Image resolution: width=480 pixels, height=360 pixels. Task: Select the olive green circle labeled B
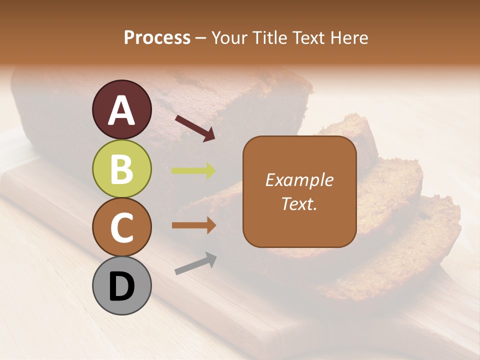(122, 168)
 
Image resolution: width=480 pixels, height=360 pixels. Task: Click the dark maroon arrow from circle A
(195, 127)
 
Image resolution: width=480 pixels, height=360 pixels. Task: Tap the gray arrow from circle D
(195, 263)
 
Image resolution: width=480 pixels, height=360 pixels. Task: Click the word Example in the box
(299, 180)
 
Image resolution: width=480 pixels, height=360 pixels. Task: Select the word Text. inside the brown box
(299, 203)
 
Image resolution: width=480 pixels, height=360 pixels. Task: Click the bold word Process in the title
(157, 37)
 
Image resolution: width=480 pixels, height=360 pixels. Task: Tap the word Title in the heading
(270, 37)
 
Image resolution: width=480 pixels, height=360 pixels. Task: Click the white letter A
(122, 110)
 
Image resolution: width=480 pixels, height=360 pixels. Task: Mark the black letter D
(122, 287)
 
